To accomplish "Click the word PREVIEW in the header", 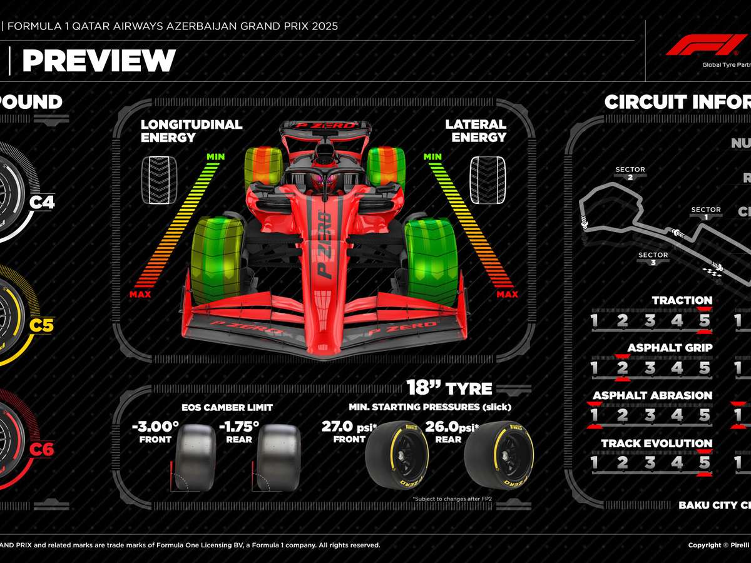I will tap(99, 61).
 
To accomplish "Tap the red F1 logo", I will tap(707, 45).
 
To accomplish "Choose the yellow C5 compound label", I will tap(43, 325).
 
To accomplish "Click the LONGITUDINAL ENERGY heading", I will tap(191, 131).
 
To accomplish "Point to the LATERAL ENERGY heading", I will tap(476, 131).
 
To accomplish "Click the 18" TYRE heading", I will tap(449, 388).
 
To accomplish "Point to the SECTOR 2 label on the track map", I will tap(630, 173).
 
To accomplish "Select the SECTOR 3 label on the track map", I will tap(653, 258).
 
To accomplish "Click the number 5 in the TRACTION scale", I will tap(705, 321).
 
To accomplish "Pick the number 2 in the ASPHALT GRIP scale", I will tap(622, 368).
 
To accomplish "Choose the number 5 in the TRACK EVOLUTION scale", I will tap(705, 463).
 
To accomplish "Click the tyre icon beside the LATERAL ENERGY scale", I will tap(488, 180).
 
